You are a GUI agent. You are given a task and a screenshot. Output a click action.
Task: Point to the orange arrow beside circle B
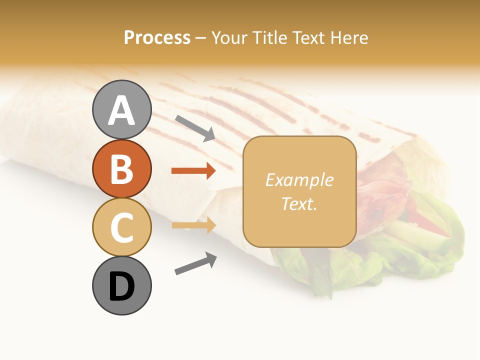click(193, 171)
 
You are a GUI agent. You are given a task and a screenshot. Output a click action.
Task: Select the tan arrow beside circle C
click(193, 225)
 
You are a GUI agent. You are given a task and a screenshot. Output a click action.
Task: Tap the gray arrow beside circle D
click(195, 263)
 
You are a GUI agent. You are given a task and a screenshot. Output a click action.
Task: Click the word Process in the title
click(157, 37)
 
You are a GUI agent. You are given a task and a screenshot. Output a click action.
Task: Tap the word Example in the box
click(299, 180)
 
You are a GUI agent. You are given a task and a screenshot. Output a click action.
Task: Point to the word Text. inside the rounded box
click(299, 203)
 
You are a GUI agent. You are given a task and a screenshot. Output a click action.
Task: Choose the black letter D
click(122, 287)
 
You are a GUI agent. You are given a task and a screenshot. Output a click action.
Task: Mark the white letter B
click(122, 169)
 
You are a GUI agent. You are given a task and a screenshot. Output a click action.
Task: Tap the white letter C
click(122, 228)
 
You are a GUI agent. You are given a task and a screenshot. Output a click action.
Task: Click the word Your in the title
click(230, 37)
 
